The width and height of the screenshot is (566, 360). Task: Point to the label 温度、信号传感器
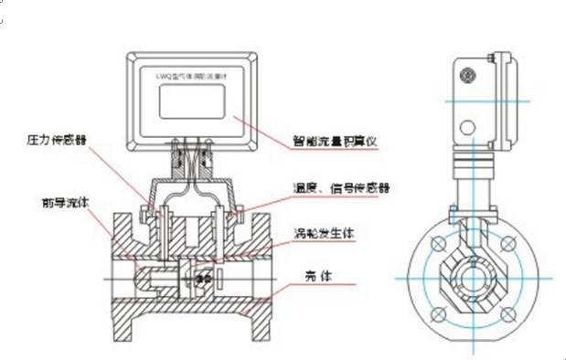[x=341, y=187]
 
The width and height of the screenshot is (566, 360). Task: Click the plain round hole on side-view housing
[x=468, y=125]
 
